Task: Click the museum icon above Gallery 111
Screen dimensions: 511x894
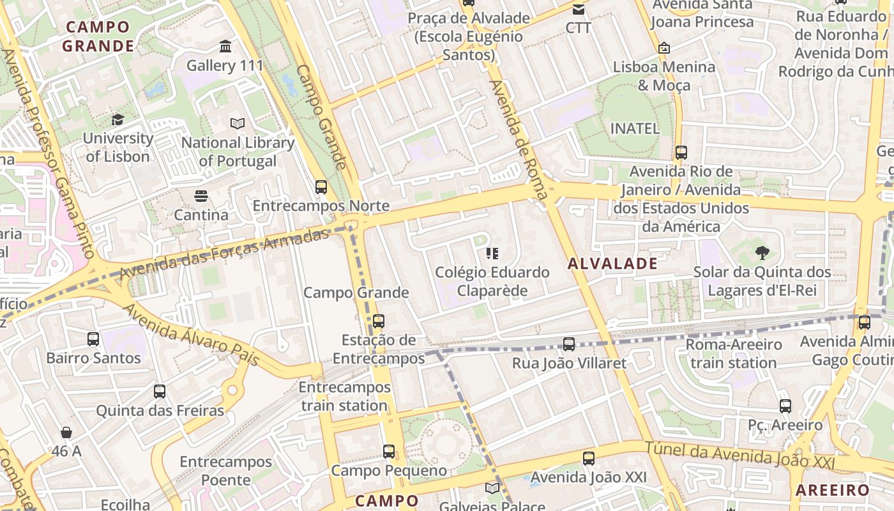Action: coord(225,47)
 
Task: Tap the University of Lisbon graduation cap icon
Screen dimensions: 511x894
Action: coord(117,119)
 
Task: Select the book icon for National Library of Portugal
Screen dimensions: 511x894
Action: coord(238,123)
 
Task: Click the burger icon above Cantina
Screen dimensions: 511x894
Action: coord(201,196)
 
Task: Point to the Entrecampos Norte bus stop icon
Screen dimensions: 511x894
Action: coord(321,187)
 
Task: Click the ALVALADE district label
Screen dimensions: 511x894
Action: coord(612,263)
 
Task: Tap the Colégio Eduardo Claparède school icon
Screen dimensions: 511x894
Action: coord(492,254)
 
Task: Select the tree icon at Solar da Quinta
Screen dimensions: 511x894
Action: coord(762,253)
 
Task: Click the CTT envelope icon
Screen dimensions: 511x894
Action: coord(579,10)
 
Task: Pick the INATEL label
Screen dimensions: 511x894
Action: coord(635,128)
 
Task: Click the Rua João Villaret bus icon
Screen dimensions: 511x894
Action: coord(569,344)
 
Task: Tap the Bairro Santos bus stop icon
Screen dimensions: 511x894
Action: coord(93,339)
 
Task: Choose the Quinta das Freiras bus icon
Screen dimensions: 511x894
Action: coord(160,392)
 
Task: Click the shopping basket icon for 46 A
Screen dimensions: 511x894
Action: coord(66,432)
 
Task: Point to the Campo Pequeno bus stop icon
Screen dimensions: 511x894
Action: coord(389,452)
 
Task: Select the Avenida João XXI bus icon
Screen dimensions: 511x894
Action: coord(589,458)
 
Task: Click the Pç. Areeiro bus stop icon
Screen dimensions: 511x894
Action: coord(785,406)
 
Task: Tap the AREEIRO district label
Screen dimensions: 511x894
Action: coord(832,490)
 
